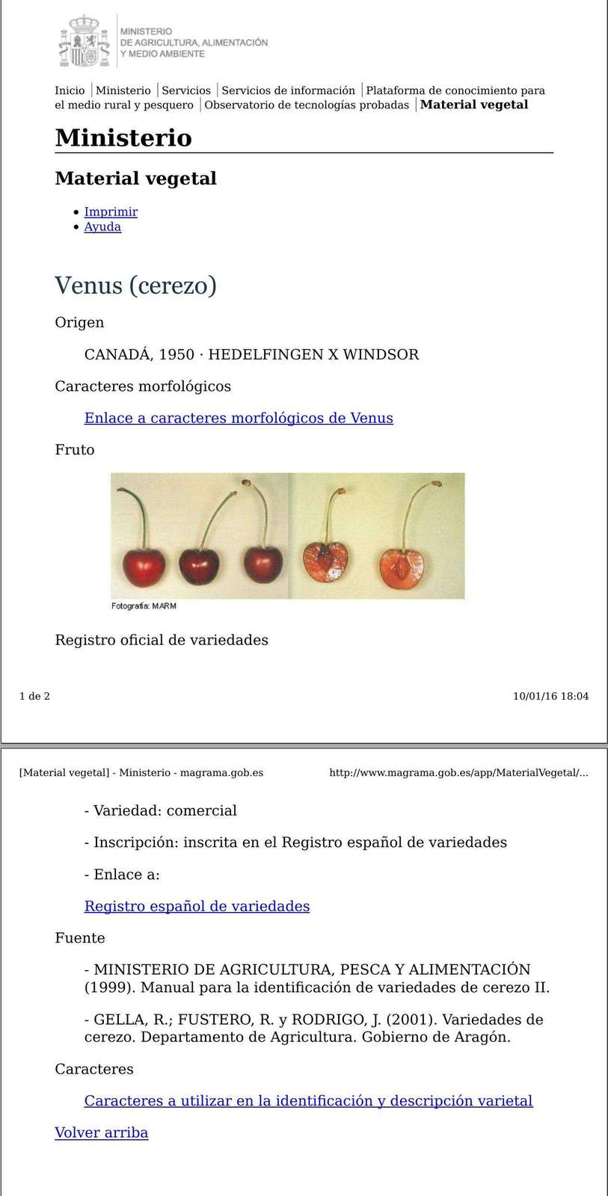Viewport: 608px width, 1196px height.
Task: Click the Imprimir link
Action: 111,212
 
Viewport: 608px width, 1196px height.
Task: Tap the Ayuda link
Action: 102,226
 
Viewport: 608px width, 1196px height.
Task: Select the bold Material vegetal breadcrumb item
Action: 474,105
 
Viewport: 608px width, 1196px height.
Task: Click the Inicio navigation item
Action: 70,90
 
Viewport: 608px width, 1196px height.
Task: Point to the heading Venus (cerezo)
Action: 135,285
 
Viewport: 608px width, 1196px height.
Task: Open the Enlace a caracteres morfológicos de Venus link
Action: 239,418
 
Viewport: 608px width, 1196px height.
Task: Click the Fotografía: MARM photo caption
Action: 144,606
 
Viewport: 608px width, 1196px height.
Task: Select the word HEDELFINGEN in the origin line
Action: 265,354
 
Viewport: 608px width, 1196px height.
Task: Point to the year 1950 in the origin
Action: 176,354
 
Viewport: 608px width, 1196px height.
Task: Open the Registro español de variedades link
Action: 197,906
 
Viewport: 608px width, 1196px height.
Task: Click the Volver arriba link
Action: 102,1132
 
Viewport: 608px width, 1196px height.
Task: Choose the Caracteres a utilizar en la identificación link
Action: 308,1100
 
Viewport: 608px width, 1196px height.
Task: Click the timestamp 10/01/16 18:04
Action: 550,696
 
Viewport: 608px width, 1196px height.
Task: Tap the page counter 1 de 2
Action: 34,696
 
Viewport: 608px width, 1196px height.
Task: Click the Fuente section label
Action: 80,937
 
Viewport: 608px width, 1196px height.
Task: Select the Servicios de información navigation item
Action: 288,90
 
